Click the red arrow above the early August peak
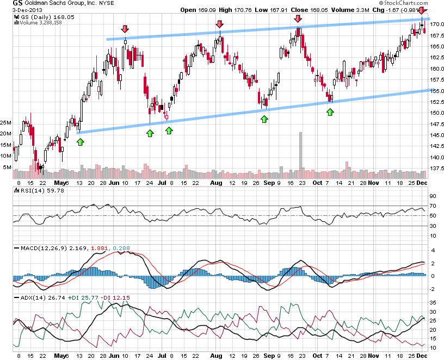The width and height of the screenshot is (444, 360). (219, 24)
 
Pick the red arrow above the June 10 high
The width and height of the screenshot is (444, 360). (125, 29)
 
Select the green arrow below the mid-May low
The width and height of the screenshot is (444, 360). (81, 141)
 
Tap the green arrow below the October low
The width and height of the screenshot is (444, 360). (330, 111)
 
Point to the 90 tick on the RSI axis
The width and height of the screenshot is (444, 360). (434, 196)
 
